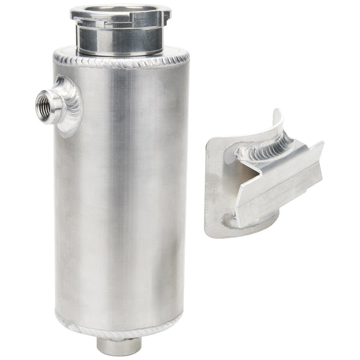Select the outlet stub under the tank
coord(119,344)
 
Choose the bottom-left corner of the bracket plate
coord(208,234)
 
